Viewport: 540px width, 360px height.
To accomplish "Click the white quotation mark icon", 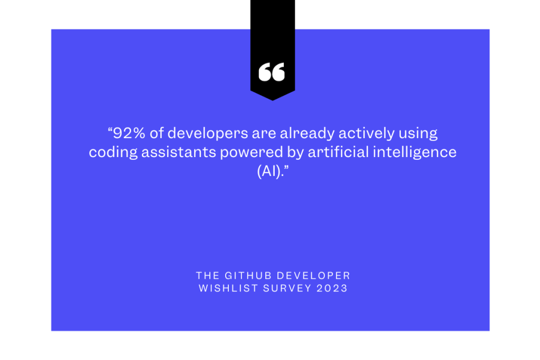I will (x=272, y=72).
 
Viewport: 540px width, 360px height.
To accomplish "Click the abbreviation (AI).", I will (x=271, y=172).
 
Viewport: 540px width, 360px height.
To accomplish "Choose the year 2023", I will (x=332, y=288).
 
